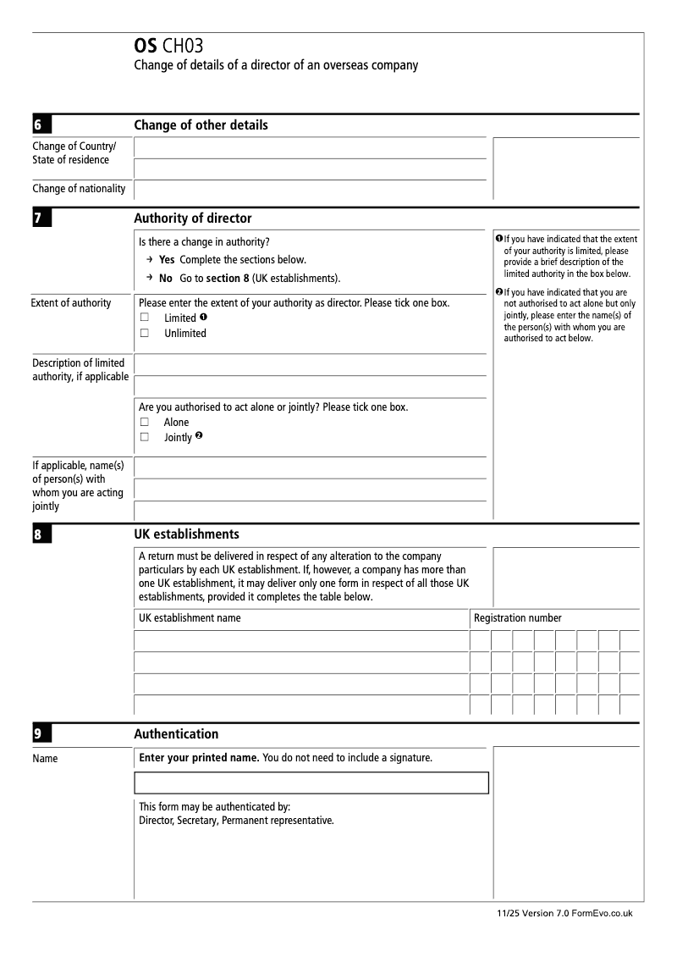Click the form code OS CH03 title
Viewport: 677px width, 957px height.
pos(168,46)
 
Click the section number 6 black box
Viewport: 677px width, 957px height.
pos(41,124)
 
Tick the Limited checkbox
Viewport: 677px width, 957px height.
pos(145,318)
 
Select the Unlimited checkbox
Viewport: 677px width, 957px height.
pos(145,333)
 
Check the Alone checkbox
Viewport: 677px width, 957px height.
pos(145,422)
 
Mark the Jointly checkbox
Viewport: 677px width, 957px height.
pos(145,437)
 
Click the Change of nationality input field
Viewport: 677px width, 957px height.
pos(310,190)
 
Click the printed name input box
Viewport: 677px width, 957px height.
pos(311,783)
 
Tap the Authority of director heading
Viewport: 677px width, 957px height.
pos(193,219)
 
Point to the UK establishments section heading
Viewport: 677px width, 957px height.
pos(186,534)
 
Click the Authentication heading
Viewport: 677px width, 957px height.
pos(176,734)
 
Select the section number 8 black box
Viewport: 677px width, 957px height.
pos(41,534)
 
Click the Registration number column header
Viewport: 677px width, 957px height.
pos(518,618)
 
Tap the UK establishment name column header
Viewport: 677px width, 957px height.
pos(190,618)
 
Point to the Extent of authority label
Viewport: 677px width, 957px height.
pos(71,303)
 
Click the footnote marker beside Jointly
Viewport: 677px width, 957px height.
pos(199,436)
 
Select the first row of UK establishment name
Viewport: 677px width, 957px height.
pos(301,641)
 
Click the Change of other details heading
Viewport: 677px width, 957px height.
pos(201,125)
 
